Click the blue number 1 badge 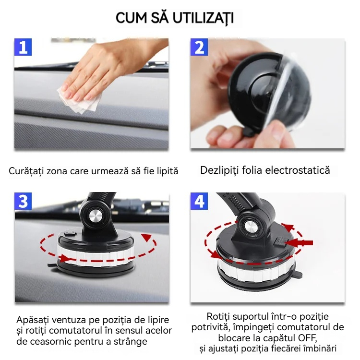coord(23,47)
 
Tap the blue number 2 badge coord(199,47)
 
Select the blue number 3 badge coord(23,201)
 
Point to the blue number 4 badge coord(199,201)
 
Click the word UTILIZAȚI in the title coord(203,18)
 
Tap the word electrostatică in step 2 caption coord(297,170)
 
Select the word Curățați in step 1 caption coord(26,171)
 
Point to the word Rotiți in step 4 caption coord(218,317)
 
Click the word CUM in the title coord(131,18)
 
